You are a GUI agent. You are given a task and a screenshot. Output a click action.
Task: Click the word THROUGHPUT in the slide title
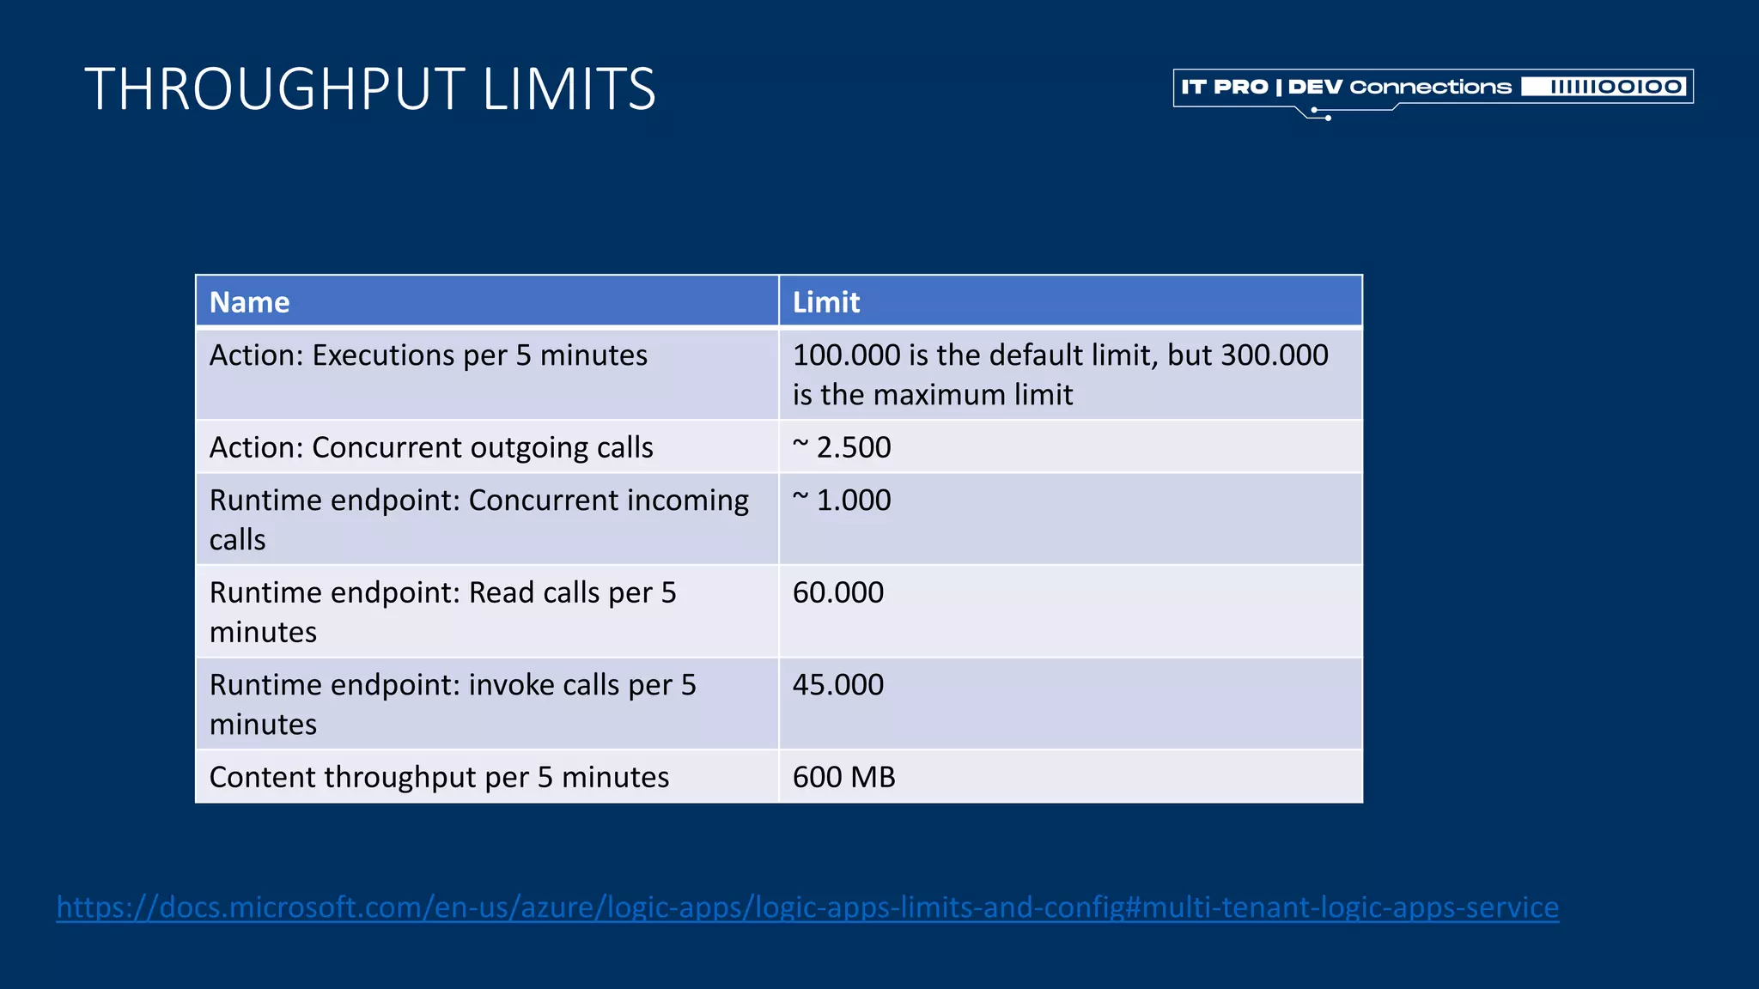[x=275, y=89]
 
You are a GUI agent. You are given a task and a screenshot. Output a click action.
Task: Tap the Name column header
[x=249, y=302]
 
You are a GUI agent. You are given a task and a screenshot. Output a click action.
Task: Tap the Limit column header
[x=825, y=302]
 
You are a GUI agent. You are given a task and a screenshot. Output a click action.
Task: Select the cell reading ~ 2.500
[x=842, y=447]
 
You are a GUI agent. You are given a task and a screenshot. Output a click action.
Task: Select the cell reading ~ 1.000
[x=842, y=501]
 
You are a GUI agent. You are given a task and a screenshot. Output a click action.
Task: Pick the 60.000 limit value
[x=837, y=592]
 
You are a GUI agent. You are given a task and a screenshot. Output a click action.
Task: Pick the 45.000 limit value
[x=837, y=685]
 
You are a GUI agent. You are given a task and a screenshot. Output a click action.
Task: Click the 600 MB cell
[x=843, y=777]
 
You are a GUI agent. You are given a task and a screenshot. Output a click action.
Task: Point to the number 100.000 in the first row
[x=846, y=355]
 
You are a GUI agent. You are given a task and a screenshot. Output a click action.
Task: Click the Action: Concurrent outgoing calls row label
[x=431, y=447]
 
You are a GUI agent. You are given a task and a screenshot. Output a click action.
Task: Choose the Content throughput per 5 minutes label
[x=439, y=777]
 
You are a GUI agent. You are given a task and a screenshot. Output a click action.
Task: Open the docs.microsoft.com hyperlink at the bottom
[x=807, y=907]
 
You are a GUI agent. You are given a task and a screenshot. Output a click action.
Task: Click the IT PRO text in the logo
[x=1224, y=87]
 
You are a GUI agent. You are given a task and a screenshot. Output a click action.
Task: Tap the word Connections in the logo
[x=1430, y=87]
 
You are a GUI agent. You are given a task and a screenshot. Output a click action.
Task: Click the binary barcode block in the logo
[x=1604, y=87]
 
